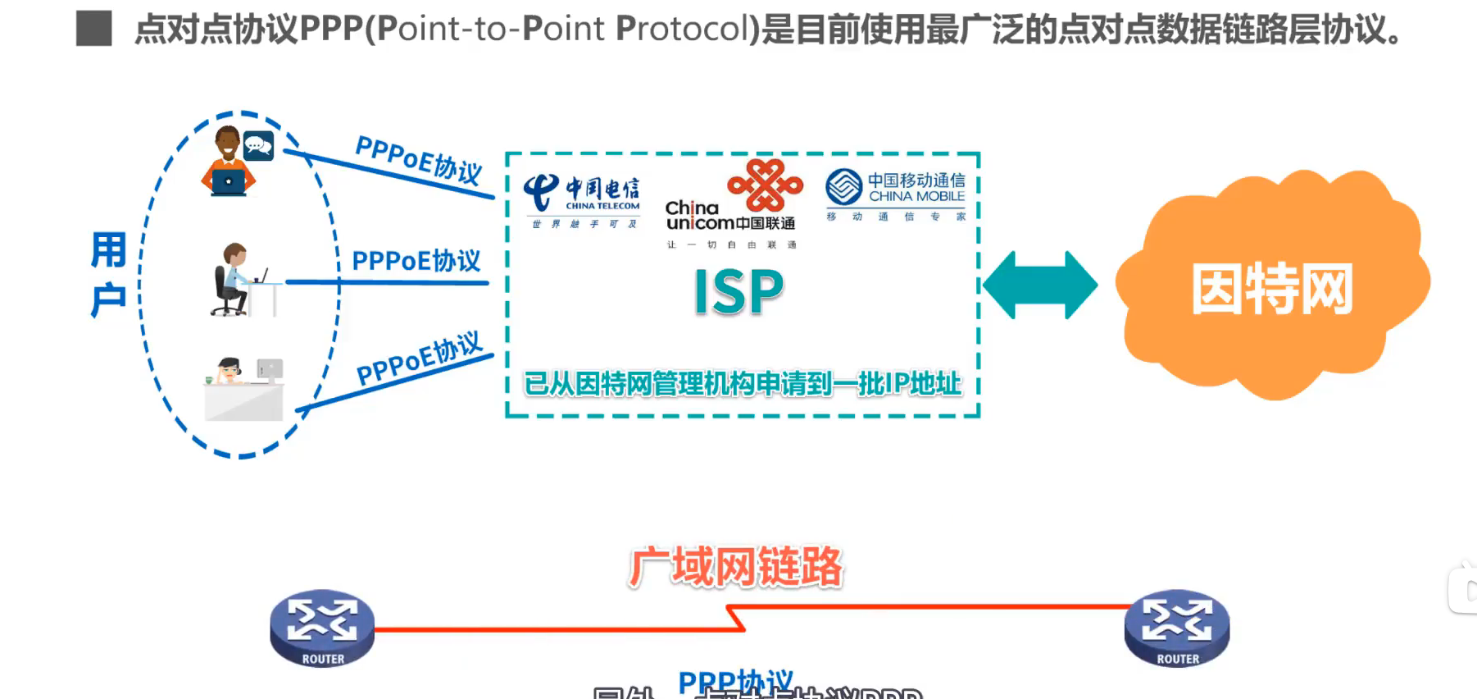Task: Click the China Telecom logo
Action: pos(582,197)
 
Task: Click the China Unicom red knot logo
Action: pos(765,185)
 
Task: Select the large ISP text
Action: pos(738,293)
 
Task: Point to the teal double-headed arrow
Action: pos(1039,286)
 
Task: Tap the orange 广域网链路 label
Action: pos(735,567)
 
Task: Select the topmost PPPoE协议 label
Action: pos(419,159)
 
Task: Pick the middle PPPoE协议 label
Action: pos(416,261)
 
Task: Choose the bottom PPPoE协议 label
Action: pos(420,359)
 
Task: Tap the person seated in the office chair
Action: pos(231,280)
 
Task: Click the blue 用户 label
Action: pos(108,275)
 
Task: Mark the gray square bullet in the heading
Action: pos(93,29)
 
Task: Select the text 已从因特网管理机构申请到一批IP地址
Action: pos(742,383)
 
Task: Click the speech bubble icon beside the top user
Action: pos(258,146)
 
